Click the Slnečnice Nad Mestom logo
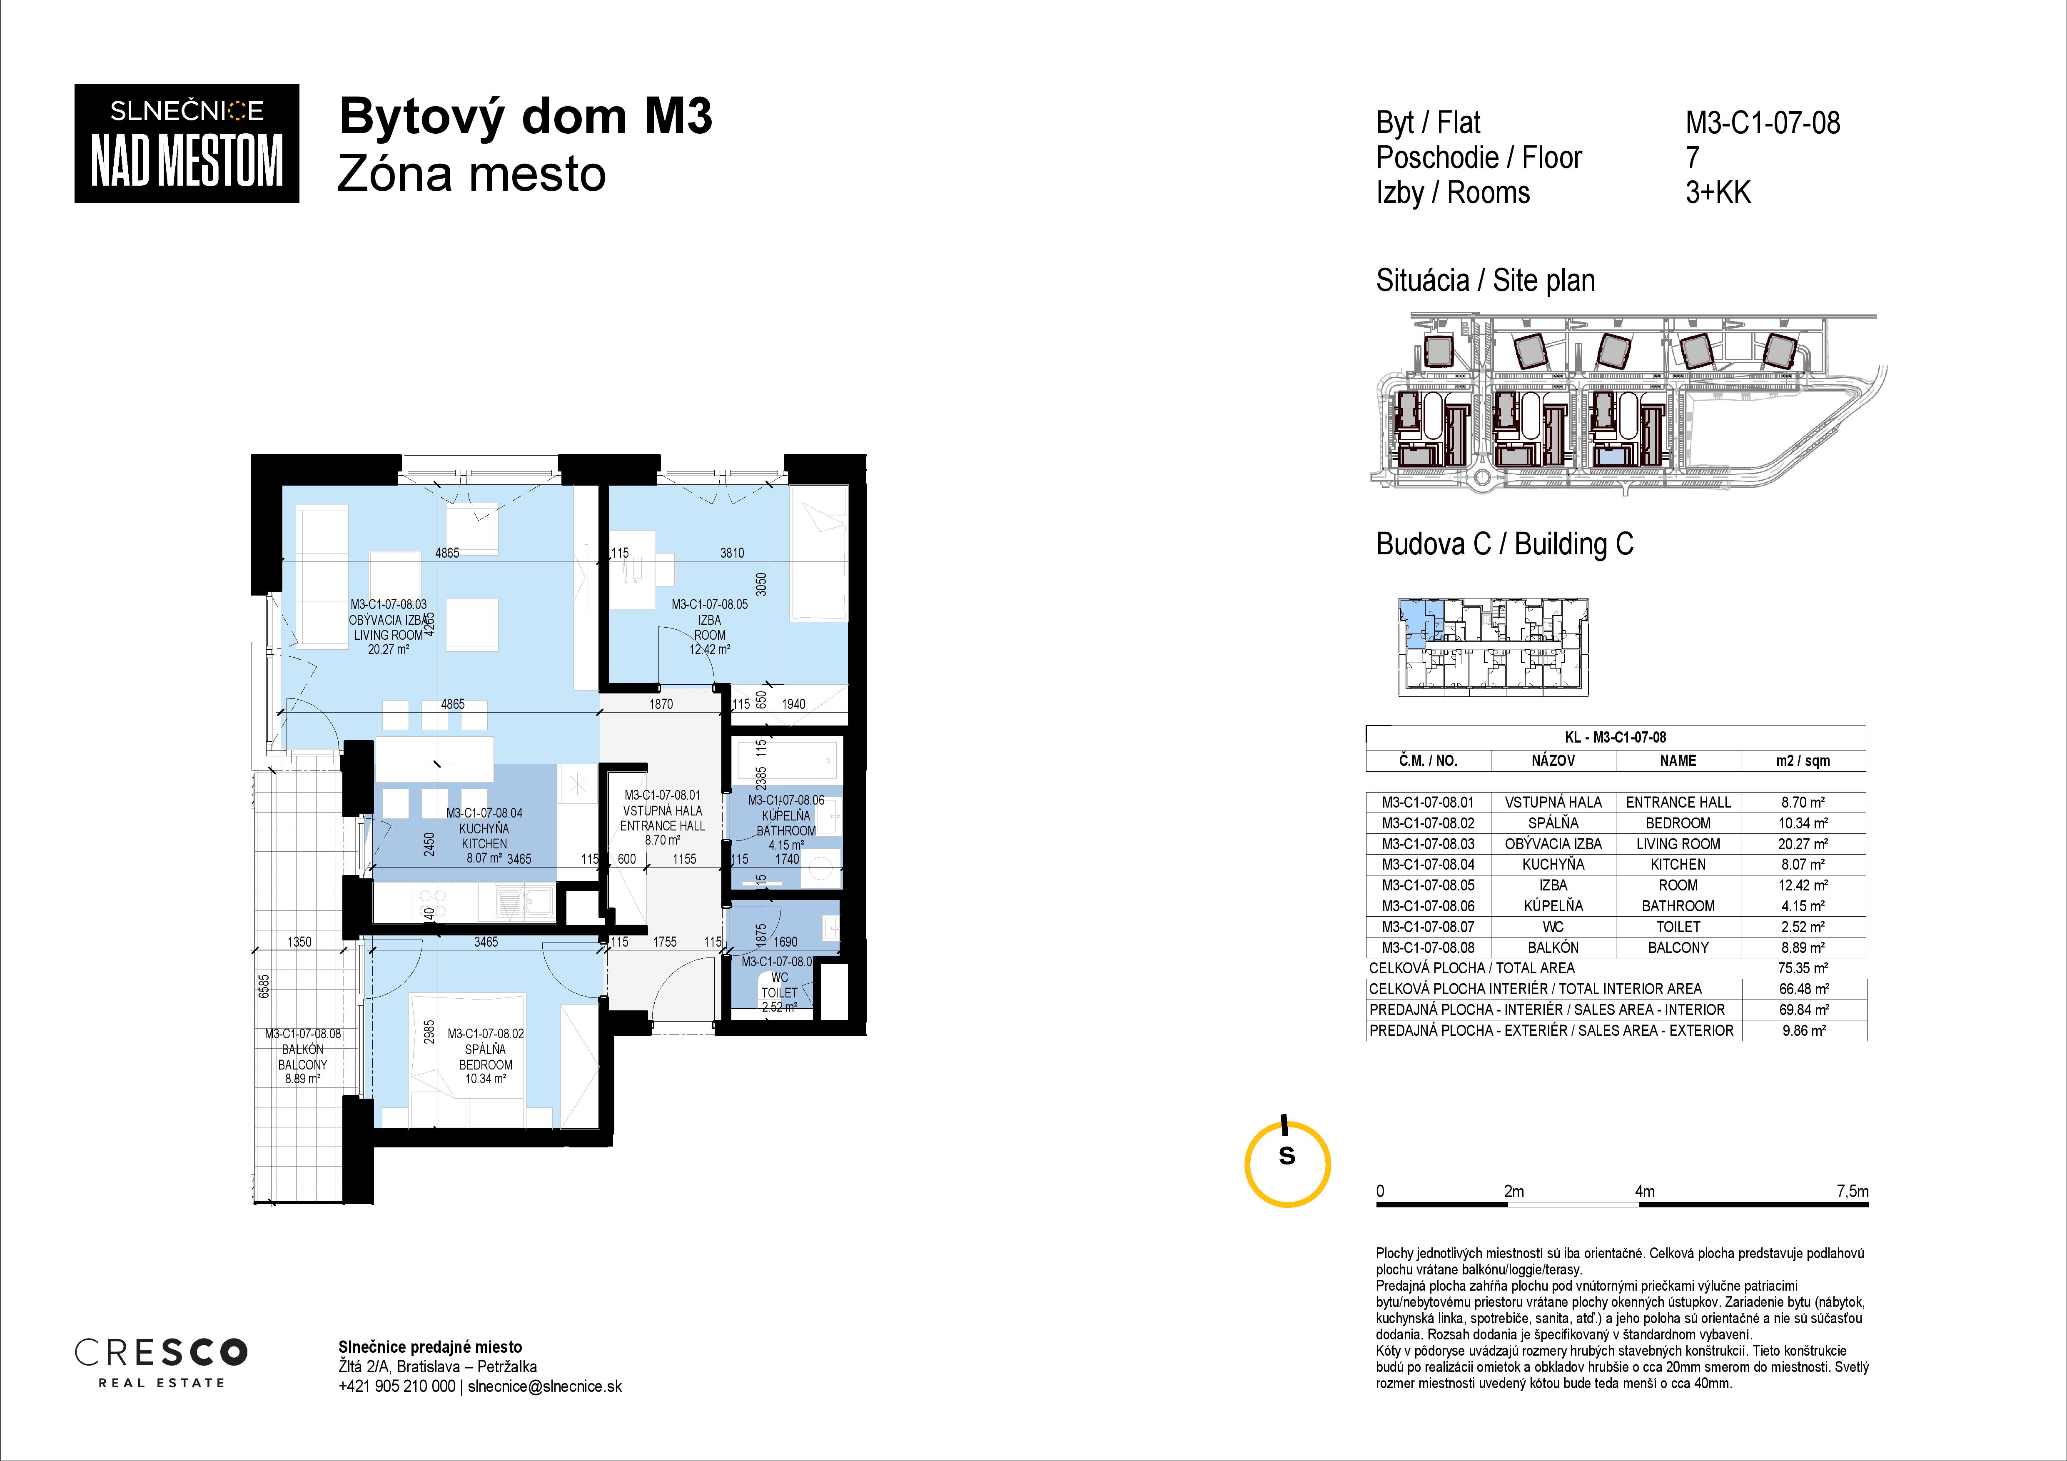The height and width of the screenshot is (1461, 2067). (186, 143)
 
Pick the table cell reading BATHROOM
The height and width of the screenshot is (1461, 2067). (1678, 905)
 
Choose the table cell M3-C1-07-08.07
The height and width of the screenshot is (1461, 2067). (1428, 926)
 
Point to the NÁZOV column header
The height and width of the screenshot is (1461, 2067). (1553, 760)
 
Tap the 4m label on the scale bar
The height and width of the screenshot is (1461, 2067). (1645, 1191)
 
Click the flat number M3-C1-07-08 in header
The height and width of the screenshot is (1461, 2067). (1763, 122)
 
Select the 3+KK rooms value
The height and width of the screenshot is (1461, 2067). (1718, 193)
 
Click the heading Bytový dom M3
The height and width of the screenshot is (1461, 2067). (526, 117)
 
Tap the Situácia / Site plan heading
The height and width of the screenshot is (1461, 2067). (1486, 281)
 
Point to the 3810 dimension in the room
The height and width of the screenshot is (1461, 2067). (732, 553)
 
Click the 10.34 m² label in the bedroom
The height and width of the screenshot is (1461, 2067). (485, 1078)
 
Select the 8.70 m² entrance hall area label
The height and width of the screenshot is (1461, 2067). (662, 840)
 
